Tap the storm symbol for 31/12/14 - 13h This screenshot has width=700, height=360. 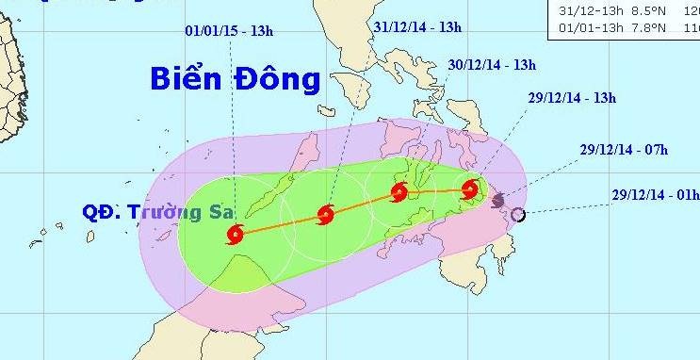326,215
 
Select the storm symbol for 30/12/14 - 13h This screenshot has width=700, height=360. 399,194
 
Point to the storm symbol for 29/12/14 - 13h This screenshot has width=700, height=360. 470,190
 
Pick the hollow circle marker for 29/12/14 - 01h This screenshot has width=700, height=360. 518,216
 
